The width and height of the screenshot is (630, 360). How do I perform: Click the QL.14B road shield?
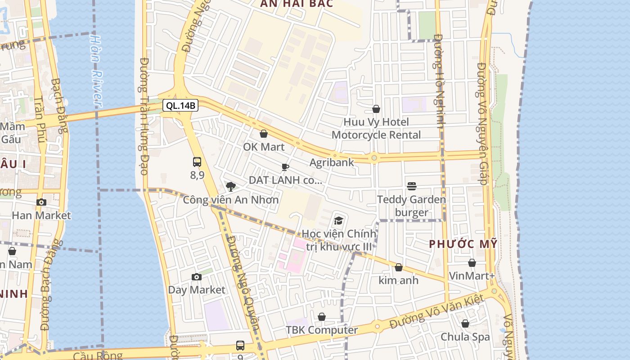coord(180,106)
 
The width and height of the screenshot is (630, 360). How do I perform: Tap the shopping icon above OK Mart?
coord(264,134)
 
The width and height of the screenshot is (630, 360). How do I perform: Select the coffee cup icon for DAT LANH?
coord(285,167)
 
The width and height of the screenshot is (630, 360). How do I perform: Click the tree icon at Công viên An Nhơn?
coord(231,186)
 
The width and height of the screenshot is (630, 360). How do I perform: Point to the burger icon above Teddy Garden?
coord(411,186)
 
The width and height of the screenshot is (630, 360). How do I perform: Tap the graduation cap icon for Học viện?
coord(338,220)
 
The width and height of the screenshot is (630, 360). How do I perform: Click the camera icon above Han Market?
coord(41,202)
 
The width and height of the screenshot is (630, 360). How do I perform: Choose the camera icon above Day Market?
coord(196,277)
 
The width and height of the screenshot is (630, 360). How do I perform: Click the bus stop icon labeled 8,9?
coord(197,162)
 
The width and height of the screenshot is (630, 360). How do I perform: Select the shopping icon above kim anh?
coord(398,267)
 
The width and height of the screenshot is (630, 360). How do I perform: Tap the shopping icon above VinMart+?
coord(472,263)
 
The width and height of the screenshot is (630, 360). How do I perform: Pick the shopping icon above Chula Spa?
coord(465,324)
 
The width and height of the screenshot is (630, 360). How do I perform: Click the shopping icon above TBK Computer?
coord(322,317)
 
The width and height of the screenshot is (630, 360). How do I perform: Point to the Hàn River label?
coord(97,70)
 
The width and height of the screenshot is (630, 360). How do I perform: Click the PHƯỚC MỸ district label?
coord(463,244)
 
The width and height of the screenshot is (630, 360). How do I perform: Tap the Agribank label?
coord(332,162)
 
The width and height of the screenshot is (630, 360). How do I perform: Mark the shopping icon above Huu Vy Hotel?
coord(376,109)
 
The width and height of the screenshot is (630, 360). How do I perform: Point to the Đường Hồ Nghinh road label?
coord(439,81)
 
